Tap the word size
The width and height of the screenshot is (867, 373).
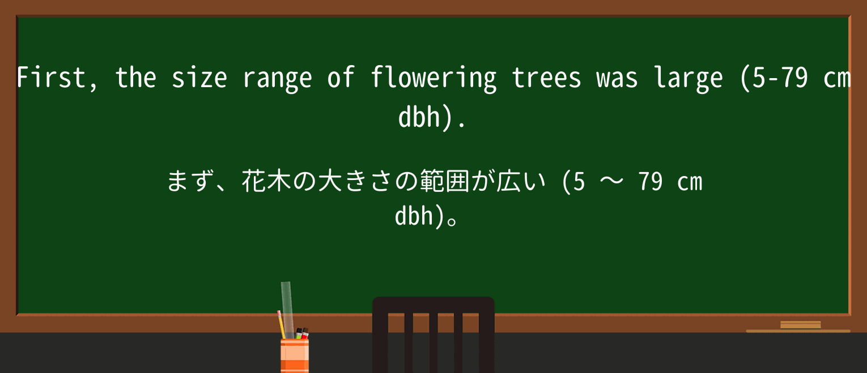[199, 78]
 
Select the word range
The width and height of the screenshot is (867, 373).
[277, 78]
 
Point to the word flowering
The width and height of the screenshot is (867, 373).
[433, 78]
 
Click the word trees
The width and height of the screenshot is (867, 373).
[546, 78]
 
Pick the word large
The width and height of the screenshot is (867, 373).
[688, 78]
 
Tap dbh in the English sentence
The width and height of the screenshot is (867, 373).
[419, 118]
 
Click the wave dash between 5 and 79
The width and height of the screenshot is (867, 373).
[611, 182]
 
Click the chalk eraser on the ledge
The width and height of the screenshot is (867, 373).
[800, 325]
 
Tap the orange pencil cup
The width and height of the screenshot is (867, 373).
[295, 355]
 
